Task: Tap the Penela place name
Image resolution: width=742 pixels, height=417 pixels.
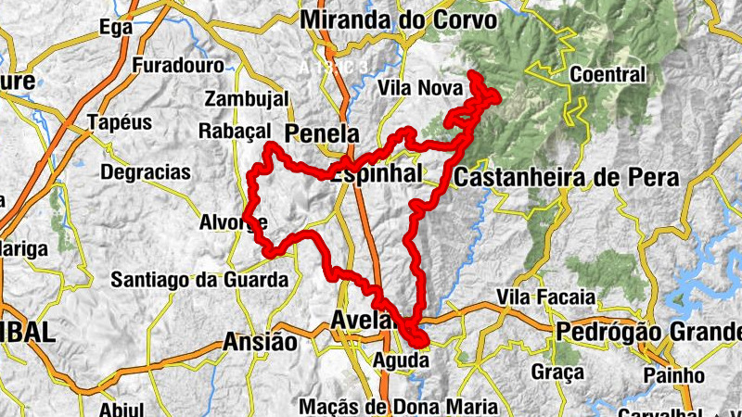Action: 322,133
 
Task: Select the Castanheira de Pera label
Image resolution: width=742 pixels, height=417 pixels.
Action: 567,177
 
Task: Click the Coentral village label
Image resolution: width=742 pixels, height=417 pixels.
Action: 608,74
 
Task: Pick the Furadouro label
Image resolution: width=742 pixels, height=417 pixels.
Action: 178,66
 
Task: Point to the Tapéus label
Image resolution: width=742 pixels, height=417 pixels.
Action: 118,121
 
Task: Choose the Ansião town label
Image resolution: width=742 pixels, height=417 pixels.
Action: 260,343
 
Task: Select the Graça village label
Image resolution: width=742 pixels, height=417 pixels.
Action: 558,373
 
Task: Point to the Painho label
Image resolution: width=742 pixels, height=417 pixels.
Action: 675,374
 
